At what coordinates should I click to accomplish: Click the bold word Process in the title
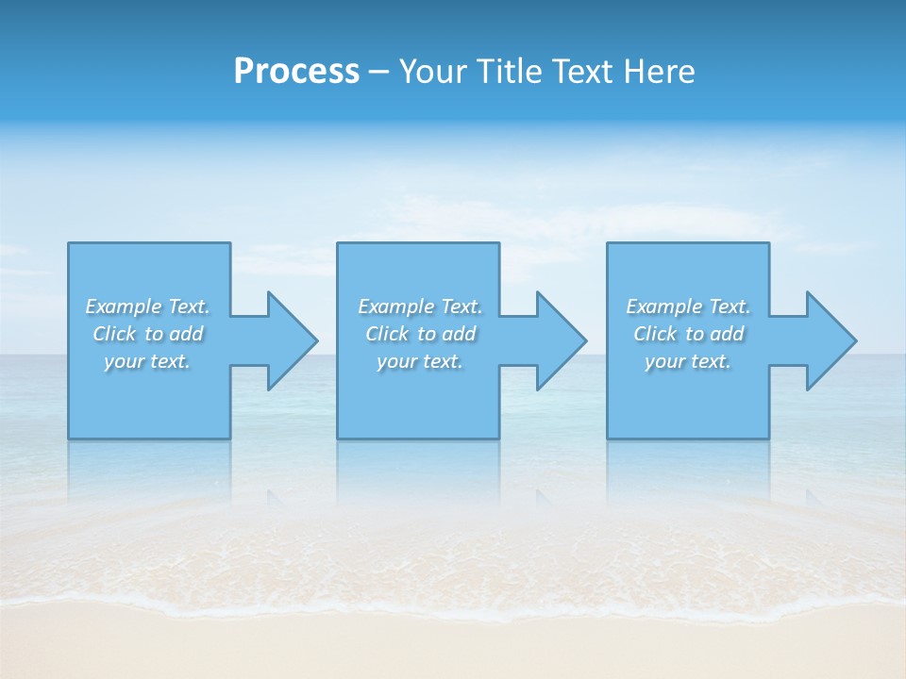tap(296, 72)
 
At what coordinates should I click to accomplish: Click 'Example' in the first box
tap(124, 306)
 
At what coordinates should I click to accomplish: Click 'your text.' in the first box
tap(147, 361)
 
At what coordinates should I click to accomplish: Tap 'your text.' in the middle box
tap(420, 361)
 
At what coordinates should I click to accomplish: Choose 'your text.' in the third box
tap(688, 361)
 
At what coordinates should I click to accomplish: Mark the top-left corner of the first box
tap(69, 243)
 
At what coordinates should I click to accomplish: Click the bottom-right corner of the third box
tap(768, 438)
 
